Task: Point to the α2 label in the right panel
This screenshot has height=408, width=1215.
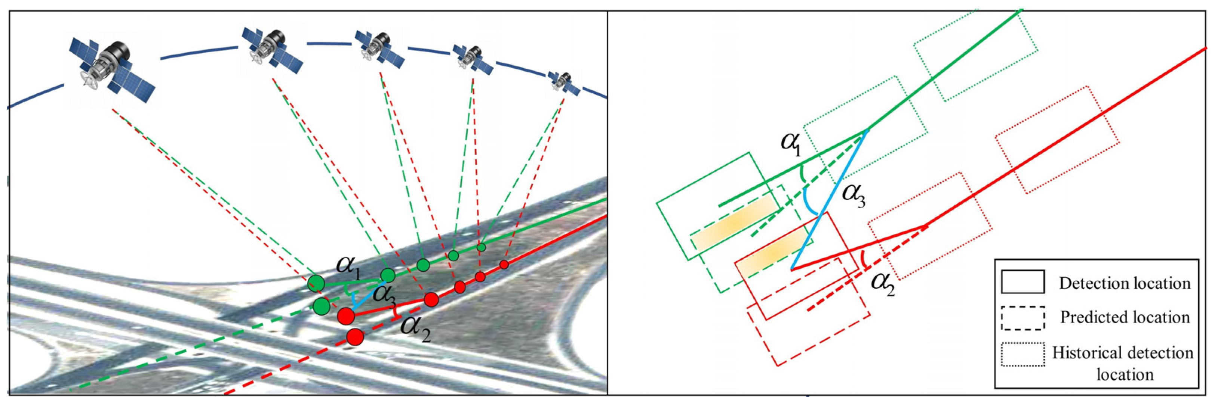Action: (x=882, y=283)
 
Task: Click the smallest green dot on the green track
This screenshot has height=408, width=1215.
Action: (x=481, y=246)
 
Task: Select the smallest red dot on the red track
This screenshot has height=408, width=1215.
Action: (x=504, y=264)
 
